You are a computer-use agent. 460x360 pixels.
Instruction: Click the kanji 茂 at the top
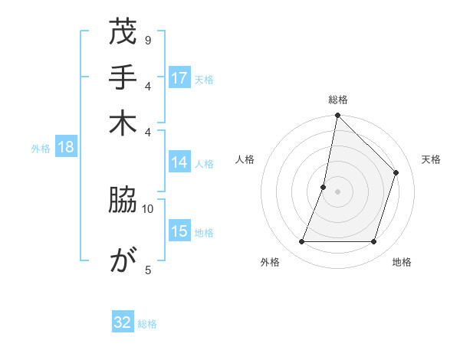tap(123, 34)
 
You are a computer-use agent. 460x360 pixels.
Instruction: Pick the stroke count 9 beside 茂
tap(147, 40)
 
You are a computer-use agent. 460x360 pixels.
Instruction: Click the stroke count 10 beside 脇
tap(148, 208)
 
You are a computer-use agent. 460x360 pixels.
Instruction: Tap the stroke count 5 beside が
tap(147, 269)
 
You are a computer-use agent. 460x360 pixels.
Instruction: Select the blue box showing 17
tap(179, 78)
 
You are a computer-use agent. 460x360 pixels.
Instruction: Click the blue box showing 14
tap(179, 162)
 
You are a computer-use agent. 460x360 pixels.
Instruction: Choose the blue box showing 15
tap(179, 231)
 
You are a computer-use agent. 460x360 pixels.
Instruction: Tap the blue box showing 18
tap(66, 147)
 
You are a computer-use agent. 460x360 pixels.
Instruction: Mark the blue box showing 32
tap(123, 322)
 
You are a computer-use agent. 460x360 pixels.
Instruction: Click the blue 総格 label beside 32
tap(147, 324)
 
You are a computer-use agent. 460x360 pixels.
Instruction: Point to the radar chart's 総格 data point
tap(337, 116)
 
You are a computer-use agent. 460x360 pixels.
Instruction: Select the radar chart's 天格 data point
tap(396, 172)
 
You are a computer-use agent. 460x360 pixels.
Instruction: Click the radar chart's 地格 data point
tap(373, 242)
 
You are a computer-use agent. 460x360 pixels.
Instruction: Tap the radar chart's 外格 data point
tap(301, 242)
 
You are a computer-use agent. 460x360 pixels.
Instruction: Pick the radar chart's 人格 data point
tap(324, 187)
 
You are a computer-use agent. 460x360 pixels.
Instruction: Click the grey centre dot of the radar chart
tap(337, 191)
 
